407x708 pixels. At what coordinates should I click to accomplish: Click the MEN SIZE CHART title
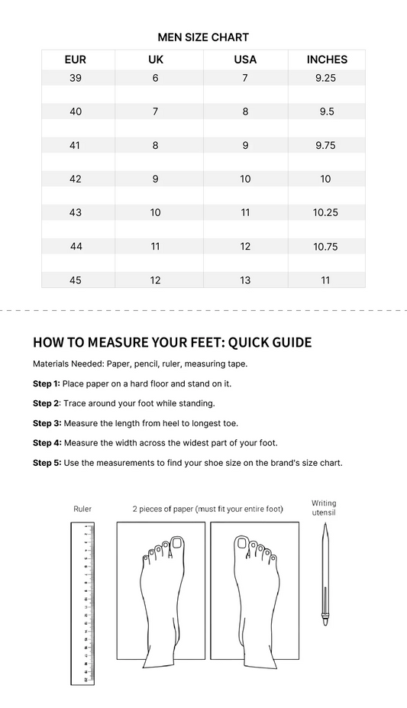[x=203, y=37]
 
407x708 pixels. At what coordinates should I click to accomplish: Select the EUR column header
[x=76, y=60]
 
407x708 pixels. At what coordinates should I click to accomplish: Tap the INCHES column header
[x=327, y=60]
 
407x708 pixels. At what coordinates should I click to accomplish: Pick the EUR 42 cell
[x=76, y=179]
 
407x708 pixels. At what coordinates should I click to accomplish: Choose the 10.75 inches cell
[x=325, y=247]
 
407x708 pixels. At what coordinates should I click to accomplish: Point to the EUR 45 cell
[x=76, y=280]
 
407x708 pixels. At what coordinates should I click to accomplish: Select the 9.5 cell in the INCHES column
[x=326, y=112]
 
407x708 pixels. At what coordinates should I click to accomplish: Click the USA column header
[x=245, y=60]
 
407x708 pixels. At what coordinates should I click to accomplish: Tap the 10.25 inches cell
[x=325, y=212]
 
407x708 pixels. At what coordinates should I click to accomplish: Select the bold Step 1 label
[x=47, y=383]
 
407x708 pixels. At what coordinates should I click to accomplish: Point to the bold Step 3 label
[x=47, y=423]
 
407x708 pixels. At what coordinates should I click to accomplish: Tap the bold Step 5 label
[x=47, y=463]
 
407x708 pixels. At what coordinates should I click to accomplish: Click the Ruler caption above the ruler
[x=82, y=509]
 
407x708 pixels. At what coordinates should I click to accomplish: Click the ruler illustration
[x=82, y=603]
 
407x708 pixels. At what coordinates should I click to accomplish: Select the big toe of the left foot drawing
[x=178, y=544]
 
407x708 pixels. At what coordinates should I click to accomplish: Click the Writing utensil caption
[x=324, y=508]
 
